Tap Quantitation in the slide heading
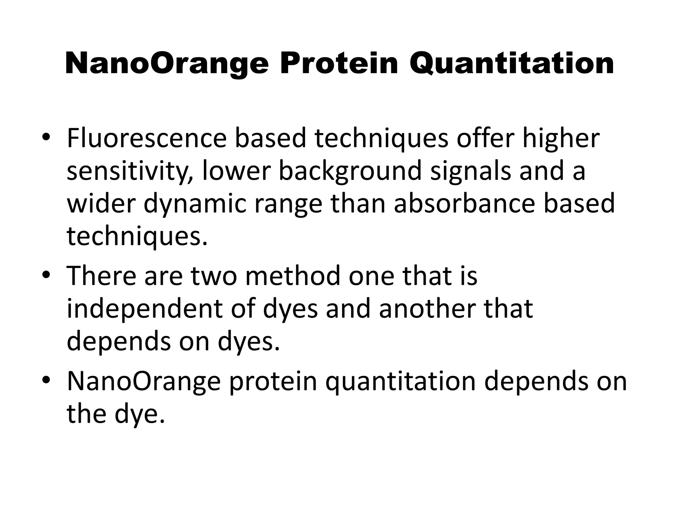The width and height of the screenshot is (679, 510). tap(512, 64)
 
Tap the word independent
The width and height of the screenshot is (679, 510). tap(145, 309)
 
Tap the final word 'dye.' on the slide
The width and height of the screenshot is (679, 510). tap(140, 414)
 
